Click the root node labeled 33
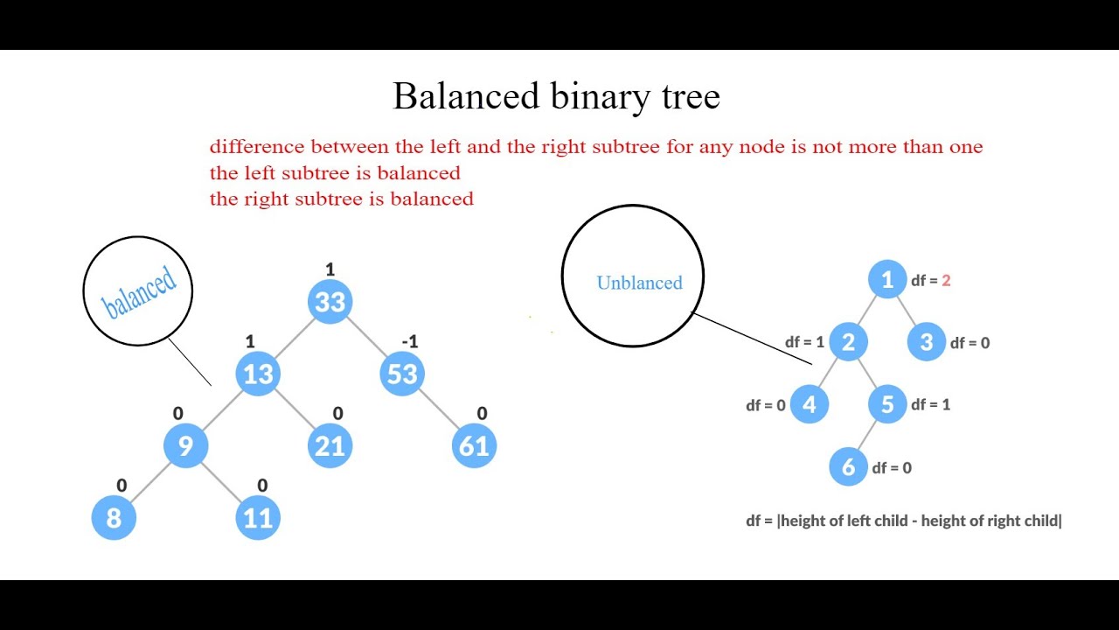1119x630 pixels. click(330, 302)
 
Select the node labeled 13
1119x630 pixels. click(258, 374)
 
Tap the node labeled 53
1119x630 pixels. click(402, 374)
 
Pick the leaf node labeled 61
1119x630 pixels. click(474, 446)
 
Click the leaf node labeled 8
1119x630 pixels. click(114, 518)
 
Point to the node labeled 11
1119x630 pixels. click(258, 518)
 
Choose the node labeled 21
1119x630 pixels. click(330, 446)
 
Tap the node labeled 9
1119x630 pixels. click(185, 446)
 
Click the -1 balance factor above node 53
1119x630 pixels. click(409, 341)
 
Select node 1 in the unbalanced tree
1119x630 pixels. click(887, 280)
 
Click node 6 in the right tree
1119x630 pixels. click(848, 467)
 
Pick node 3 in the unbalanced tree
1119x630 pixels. click(927, 342)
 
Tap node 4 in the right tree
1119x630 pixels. click(809, 405)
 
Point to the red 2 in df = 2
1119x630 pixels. click(946, 281)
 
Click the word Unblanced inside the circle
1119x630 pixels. click(639, 283)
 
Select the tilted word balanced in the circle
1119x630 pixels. click(139, 291)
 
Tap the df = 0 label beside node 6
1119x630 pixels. click(892, 468)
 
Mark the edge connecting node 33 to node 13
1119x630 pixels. click(294, 338)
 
